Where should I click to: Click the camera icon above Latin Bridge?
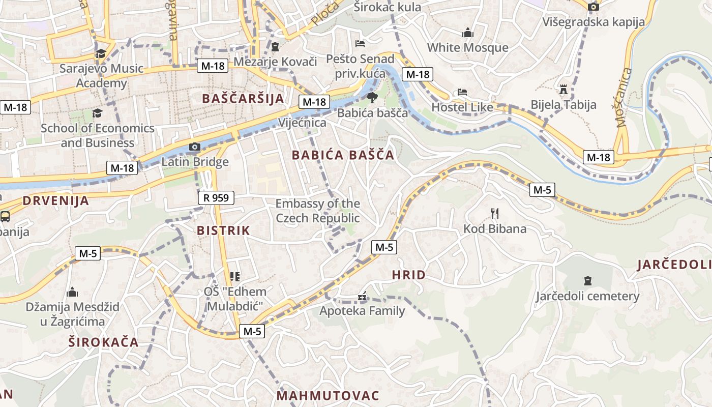pyautogui.click(x=194, y=147)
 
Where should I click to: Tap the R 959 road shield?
pyautogui.click(x=216, y=198)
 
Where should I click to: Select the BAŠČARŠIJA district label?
pyautogui.click(x=243, y=99)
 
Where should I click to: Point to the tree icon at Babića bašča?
pyautogui.click(x=372, y=97)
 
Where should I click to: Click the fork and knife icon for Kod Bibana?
pyautogui.click(x=495, y=214)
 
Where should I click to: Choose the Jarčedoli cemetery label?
pyautogui.click(x=587, y=296)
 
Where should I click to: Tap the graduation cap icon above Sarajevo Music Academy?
pyautogui.click(x=101, y=53)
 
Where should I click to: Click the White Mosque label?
pyautogui.click(x=467, y=48)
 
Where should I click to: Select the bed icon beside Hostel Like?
pyautogui.click(x=462, y=93)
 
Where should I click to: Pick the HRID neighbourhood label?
pyautogui.click(x=409, y=275)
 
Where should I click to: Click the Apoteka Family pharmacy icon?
pyautogui.click(x=362, y=296)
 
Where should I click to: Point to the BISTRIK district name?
pyautogui.click(x=224, y=230)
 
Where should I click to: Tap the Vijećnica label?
pyautogui.click(x=302, y=123)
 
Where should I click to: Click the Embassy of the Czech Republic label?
pyautogui.click(x=318, y=211)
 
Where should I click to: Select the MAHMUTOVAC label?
pyautogui.click(x=328, y=396)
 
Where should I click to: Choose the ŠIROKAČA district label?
pyautogui.click(x=104, y=342)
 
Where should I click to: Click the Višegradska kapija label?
pyautogui.click(x=594, y=22)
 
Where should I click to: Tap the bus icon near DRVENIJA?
pyautogui.click(x=5, y=217)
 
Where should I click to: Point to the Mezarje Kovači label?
pyautogui.click(x=275, y=62)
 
